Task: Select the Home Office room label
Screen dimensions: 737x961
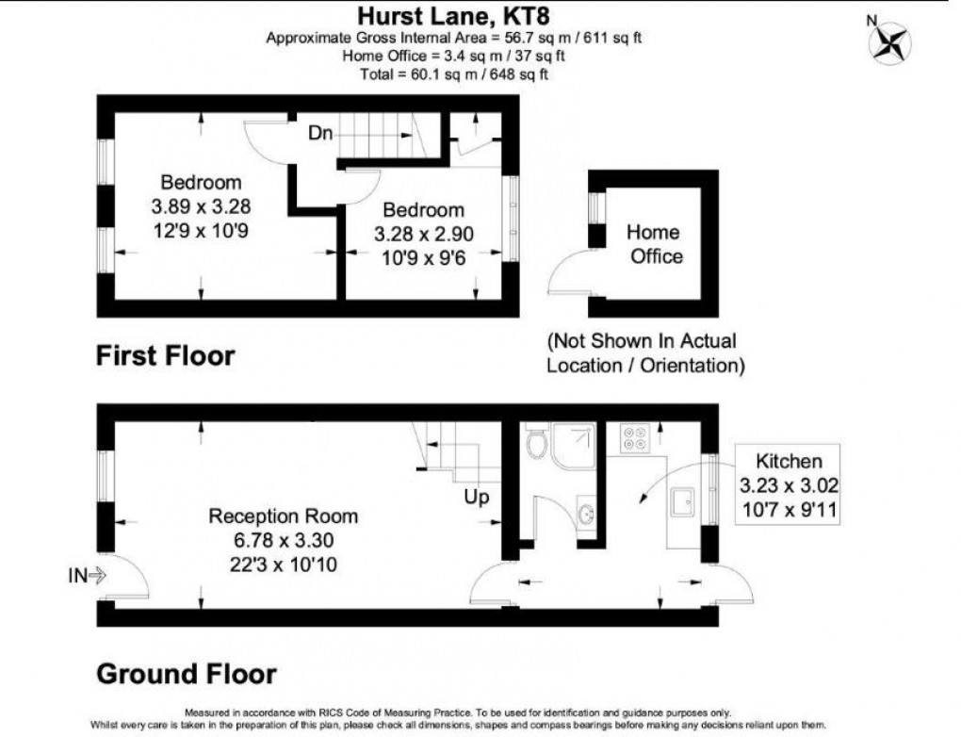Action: pos(654,243)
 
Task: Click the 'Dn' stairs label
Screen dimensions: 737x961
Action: pos(320,134)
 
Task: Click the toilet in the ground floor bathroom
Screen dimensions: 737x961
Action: pos(538,442)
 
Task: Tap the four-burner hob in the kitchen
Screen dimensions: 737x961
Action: pos(633,439)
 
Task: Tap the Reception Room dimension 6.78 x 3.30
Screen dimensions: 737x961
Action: pos(270,541)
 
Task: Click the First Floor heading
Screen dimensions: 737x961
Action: pos(165,357)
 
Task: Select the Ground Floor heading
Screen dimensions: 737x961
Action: pos(187,675)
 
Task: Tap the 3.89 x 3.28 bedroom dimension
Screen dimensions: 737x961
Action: pos(200,205)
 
